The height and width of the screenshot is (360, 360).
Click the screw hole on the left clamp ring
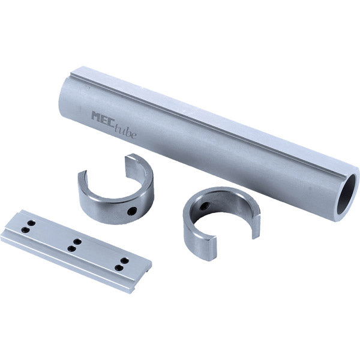[133, 211]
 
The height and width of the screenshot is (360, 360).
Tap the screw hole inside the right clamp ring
[204, 205]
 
